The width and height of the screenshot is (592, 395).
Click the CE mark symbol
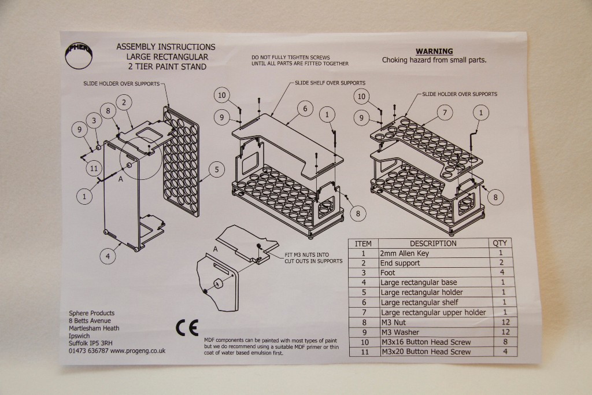coord(187,328)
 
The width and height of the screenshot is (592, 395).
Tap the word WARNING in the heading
coord(434,51)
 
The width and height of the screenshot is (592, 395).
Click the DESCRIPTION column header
coord(433,243)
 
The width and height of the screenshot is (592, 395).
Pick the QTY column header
coord(499,243)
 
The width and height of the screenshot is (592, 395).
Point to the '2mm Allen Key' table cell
coord(405,253)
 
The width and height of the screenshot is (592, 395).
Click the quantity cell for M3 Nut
coord(501,322)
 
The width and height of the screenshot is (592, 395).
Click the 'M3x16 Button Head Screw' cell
coord(425,342)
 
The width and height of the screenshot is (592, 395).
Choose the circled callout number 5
coord(216,169)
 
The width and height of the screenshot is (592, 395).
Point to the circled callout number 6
coord(305,108)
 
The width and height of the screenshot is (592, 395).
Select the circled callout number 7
coord(444,113)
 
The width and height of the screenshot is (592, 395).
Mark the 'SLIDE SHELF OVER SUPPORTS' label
coord(330,83)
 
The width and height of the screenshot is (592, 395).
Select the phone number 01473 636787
coord(88,350)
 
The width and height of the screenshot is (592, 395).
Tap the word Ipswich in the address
coord(79,335)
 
